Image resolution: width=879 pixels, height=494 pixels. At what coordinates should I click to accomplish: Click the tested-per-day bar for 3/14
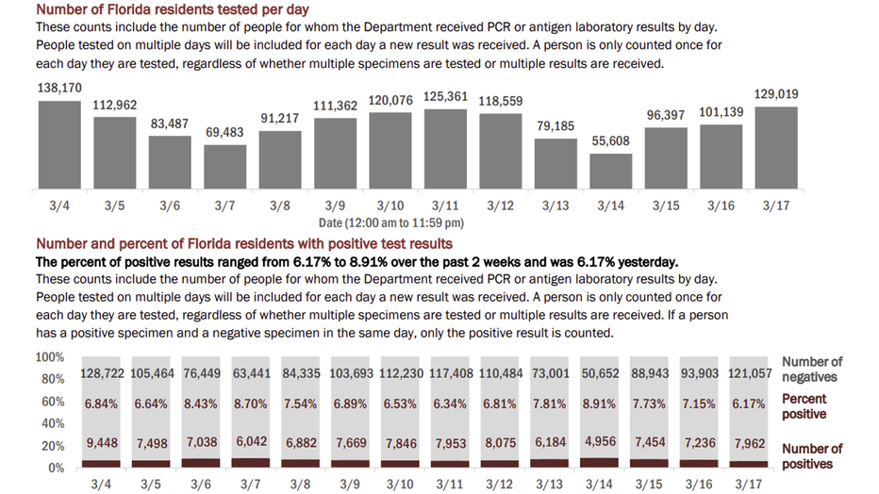point(610,173)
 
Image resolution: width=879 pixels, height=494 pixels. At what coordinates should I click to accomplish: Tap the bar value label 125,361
point(445,96)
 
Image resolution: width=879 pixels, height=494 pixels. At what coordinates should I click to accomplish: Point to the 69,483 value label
point(224,132)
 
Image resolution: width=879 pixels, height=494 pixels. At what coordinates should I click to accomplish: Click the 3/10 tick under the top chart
point(390,205)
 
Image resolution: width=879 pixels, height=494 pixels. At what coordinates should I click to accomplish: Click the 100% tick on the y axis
point(48,358)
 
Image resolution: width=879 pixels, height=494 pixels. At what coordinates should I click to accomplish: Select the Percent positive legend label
point(804,406)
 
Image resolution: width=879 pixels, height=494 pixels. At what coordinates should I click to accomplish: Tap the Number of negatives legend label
point(812,370)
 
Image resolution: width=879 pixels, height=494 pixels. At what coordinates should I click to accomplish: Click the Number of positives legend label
point(812,456)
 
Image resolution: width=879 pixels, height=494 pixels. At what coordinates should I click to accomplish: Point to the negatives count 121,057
point(752,374)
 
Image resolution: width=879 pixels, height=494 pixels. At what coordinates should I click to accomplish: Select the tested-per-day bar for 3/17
point(776,150)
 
